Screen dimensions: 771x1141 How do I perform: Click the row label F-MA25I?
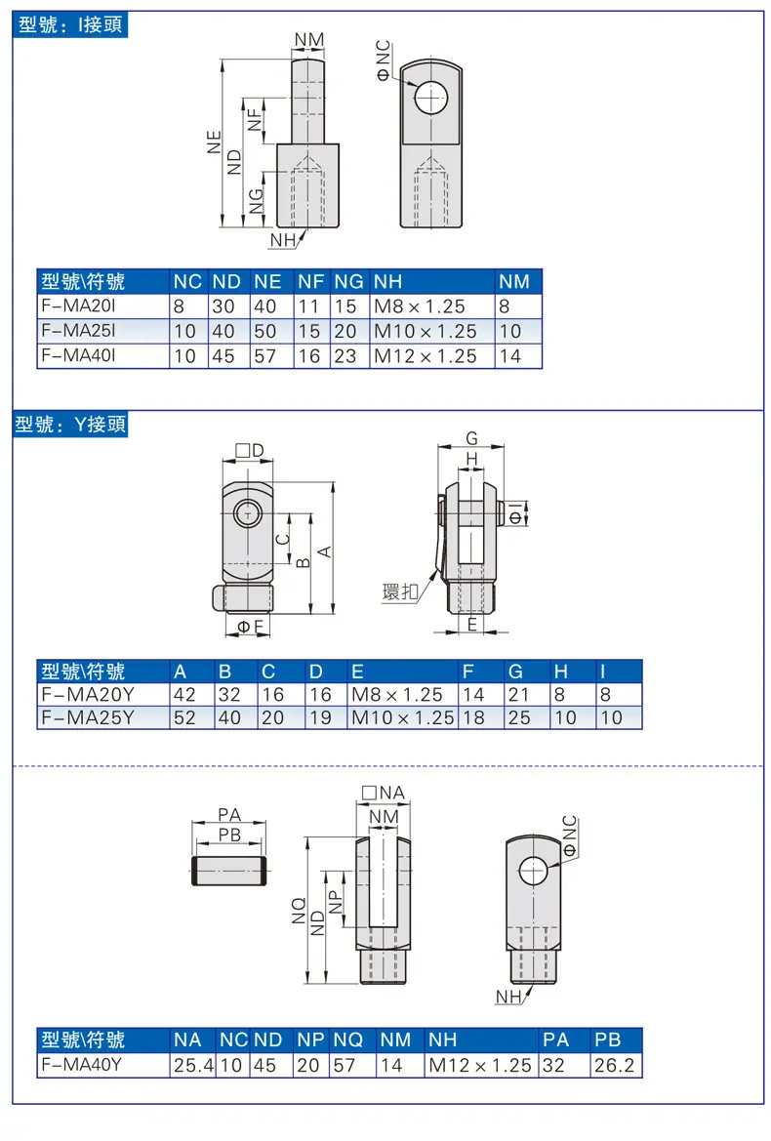tap(78, 330)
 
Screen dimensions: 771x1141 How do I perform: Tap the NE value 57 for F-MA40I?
tap(264, 356)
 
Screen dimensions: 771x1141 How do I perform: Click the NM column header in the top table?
tap(513, 282)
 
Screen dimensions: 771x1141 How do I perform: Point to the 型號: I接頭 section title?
tap(70, 24)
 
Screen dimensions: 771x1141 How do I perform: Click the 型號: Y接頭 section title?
tap(70, 424)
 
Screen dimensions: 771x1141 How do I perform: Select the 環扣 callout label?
tap(400, 592)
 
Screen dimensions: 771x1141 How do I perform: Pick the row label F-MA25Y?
tap(87, 717)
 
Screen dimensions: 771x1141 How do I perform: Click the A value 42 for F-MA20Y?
tap(184, 694)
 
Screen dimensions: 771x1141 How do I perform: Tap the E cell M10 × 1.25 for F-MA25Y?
tap(402, 717)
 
